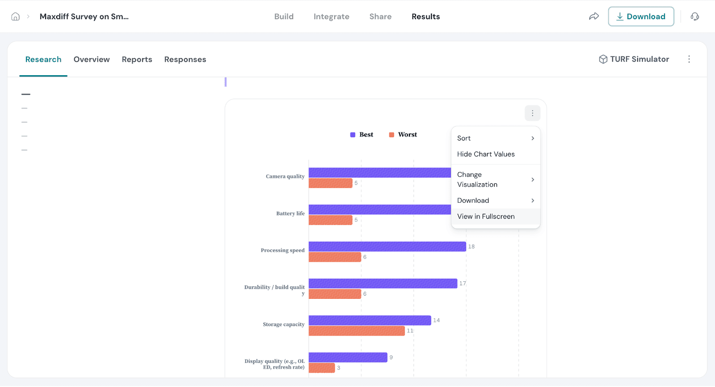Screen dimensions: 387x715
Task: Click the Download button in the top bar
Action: tap(641, 17)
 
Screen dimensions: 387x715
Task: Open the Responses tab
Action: tap(185, 60)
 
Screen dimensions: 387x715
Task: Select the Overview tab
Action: tap(92, 60)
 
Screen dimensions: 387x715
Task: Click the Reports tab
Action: tap(137, 60)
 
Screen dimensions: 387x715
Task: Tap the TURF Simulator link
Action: tap(634, 59)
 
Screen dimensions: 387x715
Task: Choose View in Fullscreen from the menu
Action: tap(486, 217)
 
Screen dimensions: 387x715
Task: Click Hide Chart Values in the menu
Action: tap(486, 154)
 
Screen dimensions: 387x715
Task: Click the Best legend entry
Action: tap(362, 135)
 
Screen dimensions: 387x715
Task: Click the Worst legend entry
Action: tap(403, 135)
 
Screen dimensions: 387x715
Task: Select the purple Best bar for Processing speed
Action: tap(387, 247)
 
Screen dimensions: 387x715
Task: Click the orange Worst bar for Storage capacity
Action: tap(357, 331)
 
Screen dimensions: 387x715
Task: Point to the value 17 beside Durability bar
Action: tap(463, 284)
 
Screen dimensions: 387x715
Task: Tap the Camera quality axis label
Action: tap(285, 177)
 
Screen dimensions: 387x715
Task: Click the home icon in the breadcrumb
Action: tap(16, 17)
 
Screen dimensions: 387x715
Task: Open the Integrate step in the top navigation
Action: tap(331, 17)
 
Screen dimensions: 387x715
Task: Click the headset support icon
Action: tap(694, 17)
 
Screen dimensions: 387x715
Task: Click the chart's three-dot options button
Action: tap(532, 114)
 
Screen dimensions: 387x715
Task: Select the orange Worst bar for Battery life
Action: tap(330, 220)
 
